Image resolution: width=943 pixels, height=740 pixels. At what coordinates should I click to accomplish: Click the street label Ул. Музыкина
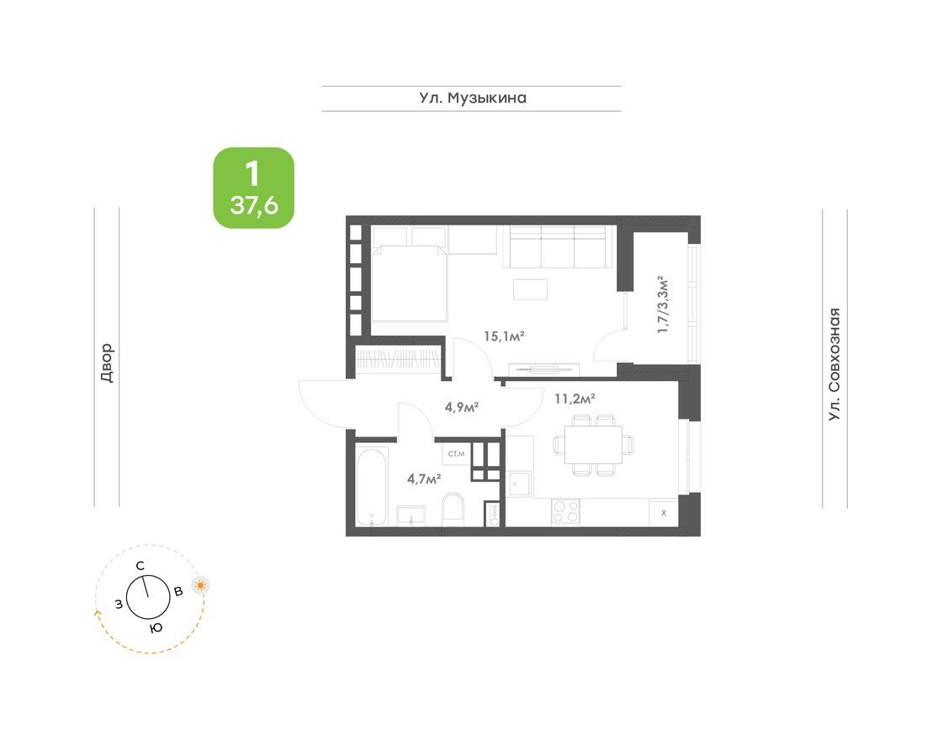coord(473,98)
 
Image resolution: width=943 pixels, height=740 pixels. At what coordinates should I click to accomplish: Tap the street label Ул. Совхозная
coord(834,364)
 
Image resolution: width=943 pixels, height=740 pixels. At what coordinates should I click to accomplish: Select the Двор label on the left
coord(106,363)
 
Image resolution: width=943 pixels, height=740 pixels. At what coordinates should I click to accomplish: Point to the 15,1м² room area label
coord(504,336)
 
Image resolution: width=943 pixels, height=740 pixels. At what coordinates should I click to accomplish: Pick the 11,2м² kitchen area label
coord(575,398)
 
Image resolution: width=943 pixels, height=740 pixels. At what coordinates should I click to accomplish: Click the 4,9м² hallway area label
coord(462,407)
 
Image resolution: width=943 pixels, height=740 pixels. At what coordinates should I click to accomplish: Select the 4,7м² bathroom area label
coord(424,478)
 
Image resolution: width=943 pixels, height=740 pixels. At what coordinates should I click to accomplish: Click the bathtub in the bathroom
coord(371,487)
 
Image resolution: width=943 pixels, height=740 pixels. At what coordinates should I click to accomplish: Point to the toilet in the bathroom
coord(453,510)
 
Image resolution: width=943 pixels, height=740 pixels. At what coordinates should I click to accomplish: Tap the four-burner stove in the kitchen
coord(565,511)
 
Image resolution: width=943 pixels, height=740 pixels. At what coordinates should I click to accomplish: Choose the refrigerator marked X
coord(664,512)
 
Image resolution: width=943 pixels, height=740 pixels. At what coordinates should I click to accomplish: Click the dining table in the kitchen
coord(588,444)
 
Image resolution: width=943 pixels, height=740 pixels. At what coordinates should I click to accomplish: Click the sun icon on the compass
coord(200,586)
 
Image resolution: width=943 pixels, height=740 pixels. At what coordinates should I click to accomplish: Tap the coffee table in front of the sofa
coord(531,288)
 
